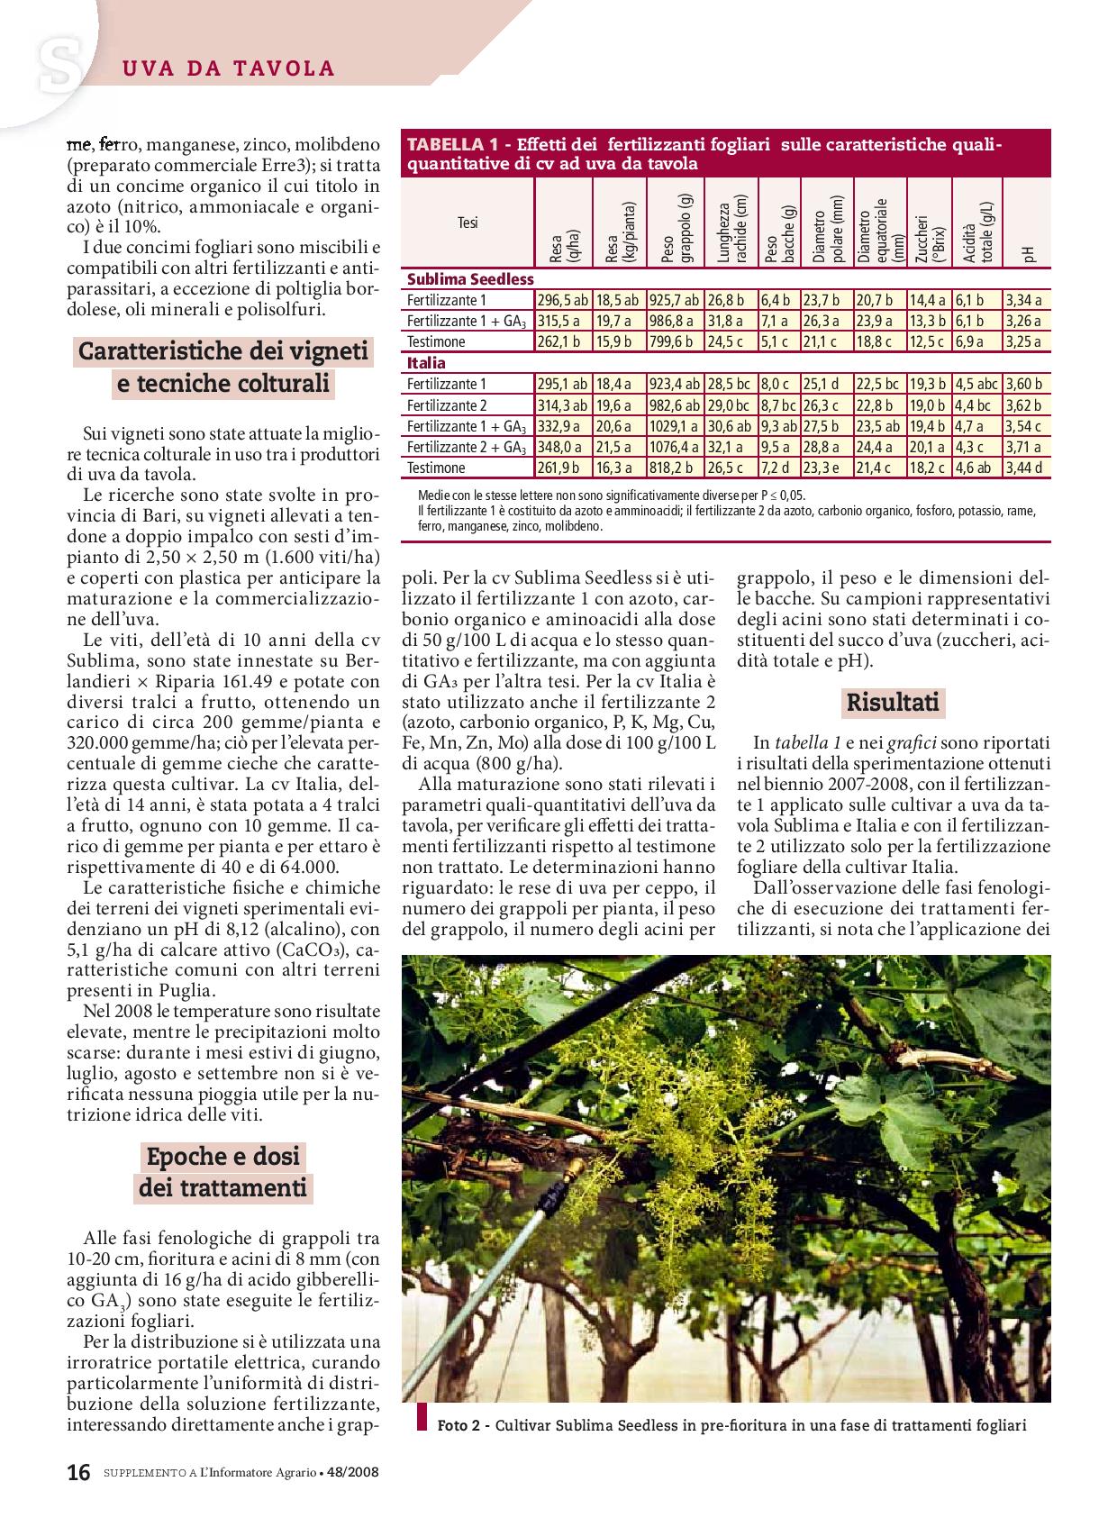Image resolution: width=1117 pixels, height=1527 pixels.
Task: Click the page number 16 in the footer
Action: click(x=78, y=1473)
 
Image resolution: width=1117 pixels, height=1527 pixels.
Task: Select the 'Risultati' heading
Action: click(x=893, y=702)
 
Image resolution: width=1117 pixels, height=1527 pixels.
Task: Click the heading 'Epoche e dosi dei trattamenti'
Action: click(x=222, y=1172)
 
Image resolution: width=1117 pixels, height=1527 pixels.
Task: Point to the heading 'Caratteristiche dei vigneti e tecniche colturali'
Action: click(x=223, y=368)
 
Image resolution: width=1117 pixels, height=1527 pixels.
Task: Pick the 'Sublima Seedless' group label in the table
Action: click(x=470, y=279)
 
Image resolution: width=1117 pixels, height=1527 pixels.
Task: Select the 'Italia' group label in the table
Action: click(x=426, y=363)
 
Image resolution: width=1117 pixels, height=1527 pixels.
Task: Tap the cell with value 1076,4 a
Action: click(x=675, y=447)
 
